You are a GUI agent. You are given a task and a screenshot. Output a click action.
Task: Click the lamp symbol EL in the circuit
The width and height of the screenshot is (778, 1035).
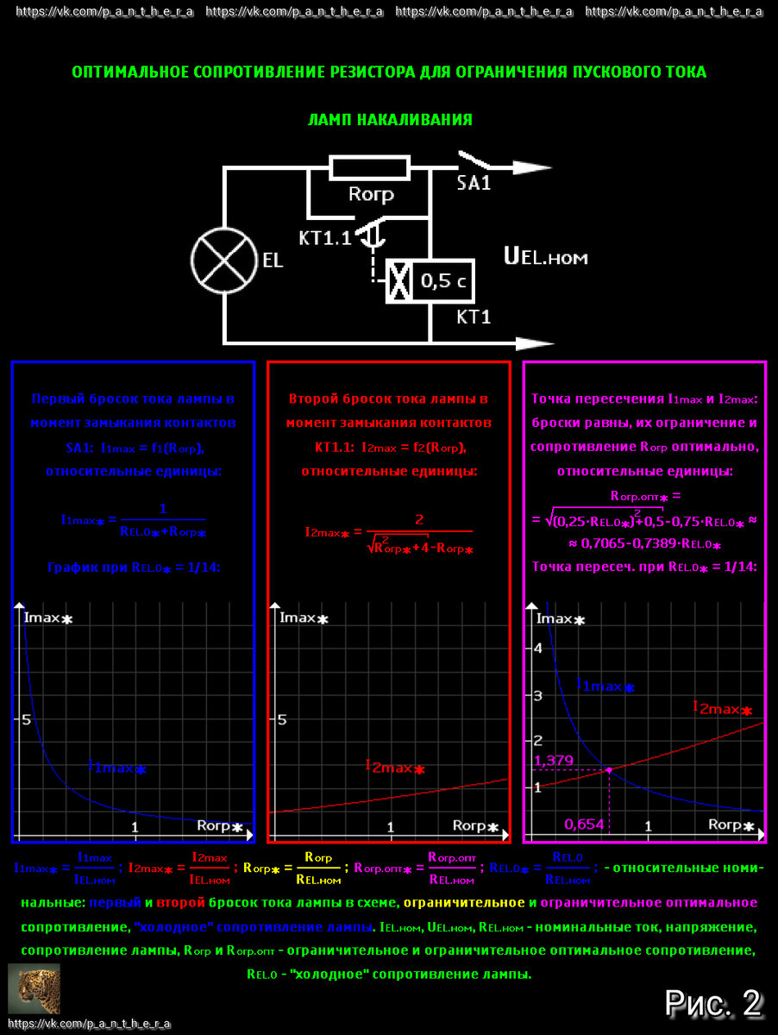pos(224,260)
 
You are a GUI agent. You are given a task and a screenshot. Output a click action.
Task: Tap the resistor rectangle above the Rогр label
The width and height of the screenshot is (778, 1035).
pos(370,167)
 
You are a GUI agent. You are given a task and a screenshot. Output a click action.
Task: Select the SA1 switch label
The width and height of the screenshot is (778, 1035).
pos(474,183)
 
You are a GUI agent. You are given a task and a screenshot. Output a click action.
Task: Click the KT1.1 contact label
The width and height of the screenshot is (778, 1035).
pos(325,238)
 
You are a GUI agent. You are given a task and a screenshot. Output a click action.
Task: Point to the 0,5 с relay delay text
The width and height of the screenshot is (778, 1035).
pos(442,280)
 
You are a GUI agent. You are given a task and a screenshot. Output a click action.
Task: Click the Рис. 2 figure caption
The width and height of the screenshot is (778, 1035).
pos(713,1002)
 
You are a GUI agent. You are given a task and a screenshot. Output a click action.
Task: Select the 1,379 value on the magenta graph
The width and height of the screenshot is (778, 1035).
pos(554,761)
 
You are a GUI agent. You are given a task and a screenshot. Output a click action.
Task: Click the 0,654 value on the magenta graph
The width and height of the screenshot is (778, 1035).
pos(584,825)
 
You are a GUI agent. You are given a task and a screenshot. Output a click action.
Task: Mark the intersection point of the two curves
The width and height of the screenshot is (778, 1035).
pos(610,769)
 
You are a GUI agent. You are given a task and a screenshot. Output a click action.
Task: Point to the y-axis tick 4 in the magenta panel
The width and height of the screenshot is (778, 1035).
pos(538,649)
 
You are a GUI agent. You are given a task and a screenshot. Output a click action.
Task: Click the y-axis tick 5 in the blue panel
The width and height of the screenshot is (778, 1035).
pos(26,720)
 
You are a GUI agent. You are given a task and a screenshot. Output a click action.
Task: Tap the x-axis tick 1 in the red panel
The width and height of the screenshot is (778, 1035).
pos(390,828)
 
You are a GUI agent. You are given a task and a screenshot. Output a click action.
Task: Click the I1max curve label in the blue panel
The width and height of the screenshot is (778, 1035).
pos(117,767)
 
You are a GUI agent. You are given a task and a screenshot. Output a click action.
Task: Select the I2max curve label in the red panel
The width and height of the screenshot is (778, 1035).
pos(395,767)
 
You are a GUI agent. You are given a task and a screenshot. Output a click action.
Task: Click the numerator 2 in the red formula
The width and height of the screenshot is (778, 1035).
pos(419,519)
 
